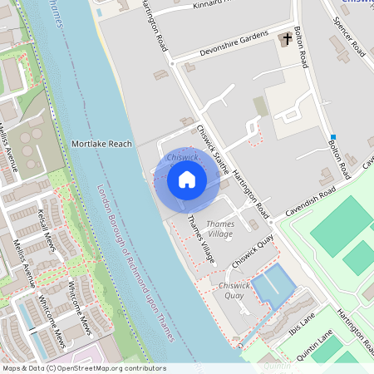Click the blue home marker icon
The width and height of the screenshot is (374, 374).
coord(187,179)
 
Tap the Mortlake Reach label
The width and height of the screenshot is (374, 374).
coord(101,144)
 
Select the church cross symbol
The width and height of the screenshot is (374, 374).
coord(288,39)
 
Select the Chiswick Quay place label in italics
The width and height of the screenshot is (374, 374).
coord(231,290)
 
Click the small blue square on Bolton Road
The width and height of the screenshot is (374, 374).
coord(332,136)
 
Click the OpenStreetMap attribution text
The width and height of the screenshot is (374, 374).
coord(84,368)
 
